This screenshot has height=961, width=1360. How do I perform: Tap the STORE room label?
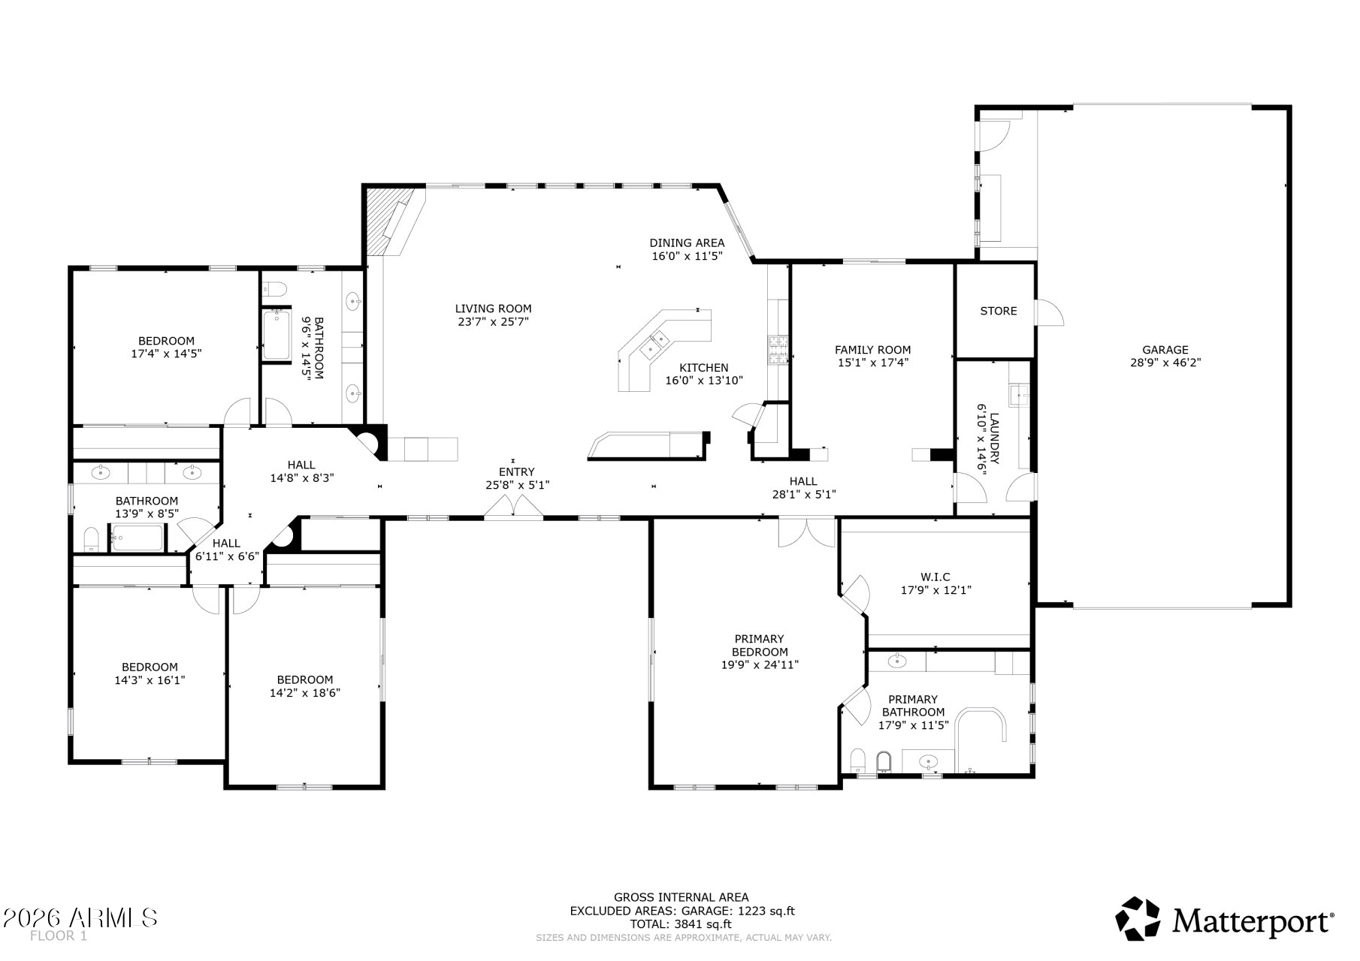[998, 311]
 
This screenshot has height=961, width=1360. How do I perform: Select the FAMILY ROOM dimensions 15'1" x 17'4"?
[872, 363]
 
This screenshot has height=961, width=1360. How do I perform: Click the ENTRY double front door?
[513, 509]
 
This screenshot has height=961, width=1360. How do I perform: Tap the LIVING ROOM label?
[493, 309]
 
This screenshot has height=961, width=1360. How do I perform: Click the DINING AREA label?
[687, 243]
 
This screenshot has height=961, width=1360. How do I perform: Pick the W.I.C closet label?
[935, 577]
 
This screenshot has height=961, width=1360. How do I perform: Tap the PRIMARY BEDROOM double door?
[806, 532]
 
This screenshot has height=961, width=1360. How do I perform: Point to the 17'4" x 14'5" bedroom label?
[166, 347]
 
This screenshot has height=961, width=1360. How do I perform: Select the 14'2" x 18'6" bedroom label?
[304, 686]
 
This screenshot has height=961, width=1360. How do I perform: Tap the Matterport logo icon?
[1138, 918]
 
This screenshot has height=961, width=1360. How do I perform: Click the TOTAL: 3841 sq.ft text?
[681, 924]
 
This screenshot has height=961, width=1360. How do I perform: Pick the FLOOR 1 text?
[59, 936]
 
